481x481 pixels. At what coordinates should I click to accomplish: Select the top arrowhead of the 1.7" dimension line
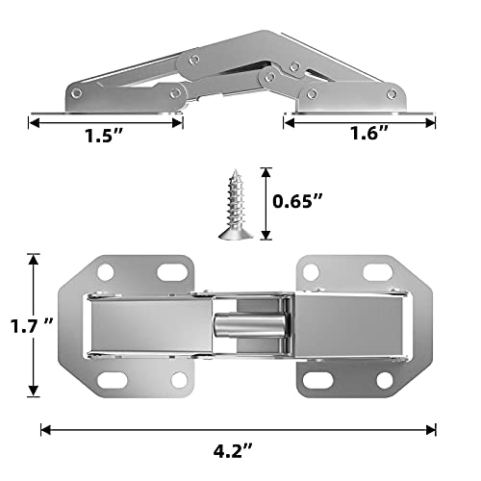34,259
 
